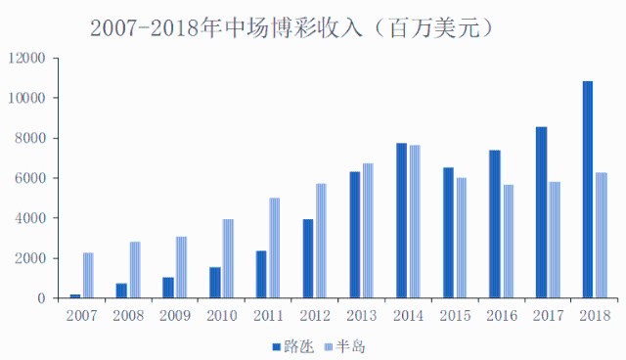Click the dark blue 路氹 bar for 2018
tap(588, 190)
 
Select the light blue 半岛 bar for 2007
tap(88, 275)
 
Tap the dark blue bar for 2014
tap(401, 220)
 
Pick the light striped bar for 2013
tap(368, 231)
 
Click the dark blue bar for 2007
tap(75, 295)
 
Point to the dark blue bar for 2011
tap(261, 274)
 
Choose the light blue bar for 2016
tap(508, 241)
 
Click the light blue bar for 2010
tap(228, 258)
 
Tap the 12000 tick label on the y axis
tap(26, 58)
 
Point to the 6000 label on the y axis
tap(30, 178)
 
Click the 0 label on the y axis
tap(42, 298)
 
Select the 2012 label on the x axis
tap(314, 316)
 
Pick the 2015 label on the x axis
tap(454, 316)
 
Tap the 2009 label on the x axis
tap(174, 316)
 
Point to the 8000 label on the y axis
tap(30, 138)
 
